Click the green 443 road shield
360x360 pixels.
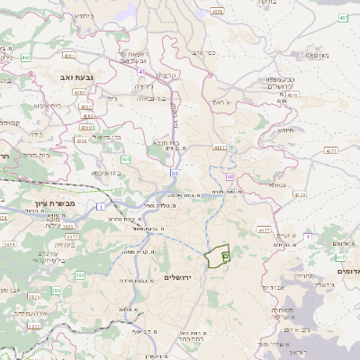point(26,57)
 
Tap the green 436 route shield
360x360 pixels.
point(125,159)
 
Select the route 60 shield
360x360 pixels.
point(229,176)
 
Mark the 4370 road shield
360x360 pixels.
point(300,193)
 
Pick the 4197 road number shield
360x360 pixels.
point(219,147)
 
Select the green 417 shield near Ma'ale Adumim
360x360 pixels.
point(264,231)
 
